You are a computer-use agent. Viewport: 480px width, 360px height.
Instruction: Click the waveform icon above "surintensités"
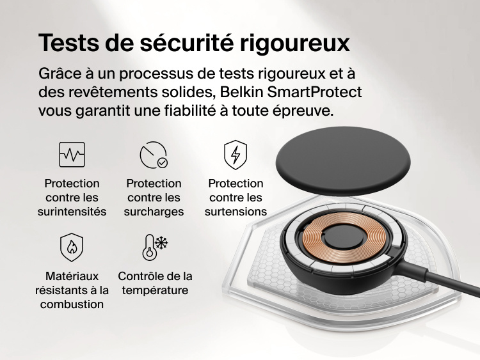(x=72, y=155)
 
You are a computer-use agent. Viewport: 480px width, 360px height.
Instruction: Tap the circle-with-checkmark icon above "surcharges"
(x=154, y=155)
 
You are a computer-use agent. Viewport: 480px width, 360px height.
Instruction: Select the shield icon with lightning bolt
(x=236, y=155)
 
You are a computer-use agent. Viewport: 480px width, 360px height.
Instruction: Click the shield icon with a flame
(x=72, y=247)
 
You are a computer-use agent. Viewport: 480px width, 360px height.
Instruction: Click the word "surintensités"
(x=72, y=212)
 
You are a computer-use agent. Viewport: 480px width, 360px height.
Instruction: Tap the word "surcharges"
(x=154, y=212)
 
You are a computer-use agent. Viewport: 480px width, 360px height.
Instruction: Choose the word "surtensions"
(x=236, y=212)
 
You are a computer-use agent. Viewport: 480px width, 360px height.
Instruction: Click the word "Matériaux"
(x=72, y=276)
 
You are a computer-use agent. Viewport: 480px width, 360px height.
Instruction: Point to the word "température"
(x=155, y=290)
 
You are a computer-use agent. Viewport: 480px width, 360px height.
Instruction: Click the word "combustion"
(x=72, y=304)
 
